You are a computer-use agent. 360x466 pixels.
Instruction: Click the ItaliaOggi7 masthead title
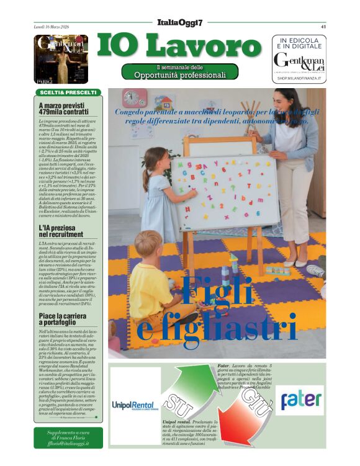point(181,23)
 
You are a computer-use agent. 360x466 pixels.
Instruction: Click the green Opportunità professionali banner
point(180,72)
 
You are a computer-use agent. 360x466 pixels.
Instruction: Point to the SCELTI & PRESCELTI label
point(68,92)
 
